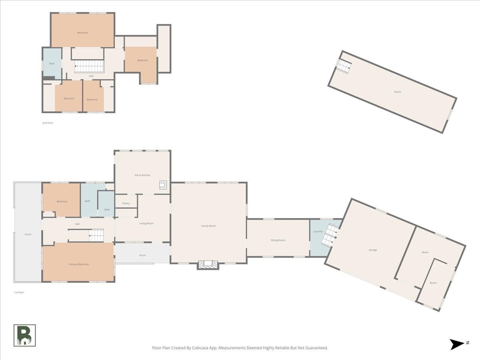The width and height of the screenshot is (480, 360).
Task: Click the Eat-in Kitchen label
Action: (x=142, y=175)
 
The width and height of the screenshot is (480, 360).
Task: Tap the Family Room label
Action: (x=208, y=226)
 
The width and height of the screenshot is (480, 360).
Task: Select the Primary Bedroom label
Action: (x=79, y=264)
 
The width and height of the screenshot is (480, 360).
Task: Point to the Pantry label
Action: (x=126, y=203)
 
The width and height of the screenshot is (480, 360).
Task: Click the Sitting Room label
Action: (x=278, y=240)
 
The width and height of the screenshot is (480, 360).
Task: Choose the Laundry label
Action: (x=318, y=231)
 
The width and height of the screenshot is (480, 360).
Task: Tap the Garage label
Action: (x=373, y=250)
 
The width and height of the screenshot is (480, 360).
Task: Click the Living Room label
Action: (x=146, y=223)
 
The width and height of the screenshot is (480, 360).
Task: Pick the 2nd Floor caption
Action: (x=48, y=123)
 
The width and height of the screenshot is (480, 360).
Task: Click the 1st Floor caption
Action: (x=19, y=292)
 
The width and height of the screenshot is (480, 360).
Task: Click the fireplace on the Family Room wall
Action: (x=208, y=264)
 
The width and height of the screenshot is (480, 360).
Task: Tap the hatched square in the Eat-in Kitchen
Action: (x=163, y=185)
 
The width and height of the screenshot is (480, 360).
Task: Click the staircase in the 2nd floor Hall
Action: (x=89, y=66)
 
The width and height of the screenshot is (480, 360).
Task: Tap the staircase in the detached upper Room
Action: (x=344, y=65)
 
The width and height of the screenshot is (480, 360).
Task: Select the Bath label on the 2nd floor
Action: (x=52, y=64)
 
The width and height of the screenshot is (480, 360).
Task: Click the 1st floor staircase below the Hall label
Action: (x=96, y=236)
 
